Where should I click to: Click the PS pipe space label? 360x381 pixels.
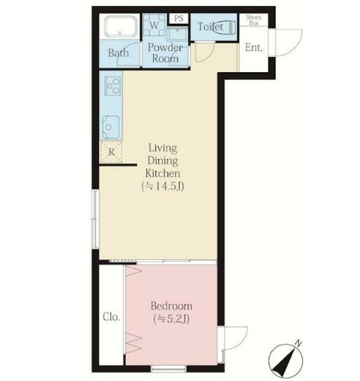click(x=179, y=19)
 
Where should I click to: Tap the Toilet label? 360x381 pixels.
click(x=210, y=27)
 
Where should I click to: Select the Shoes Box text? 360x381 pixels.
click(x=253, y=21)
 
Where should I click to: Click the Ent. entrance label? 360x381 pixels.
click(x=253, y=48)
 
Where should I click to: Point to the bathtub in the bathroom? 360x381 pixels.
click(x=121, y=27)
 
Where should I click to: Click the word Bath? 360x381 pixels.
click(x=118, y=53)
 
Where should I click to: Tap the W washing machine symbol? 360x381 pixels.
click(x=154, y=25)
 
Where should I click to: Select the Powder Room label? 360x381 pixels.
click(x=165, y=53)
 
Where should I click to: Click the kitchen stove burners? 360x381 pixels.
click(x=113, y=86)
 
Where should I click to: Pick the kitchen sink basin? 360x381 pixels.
click(x=110, y=127)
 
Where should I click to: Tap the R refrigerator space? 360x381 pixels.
click(x=111, y=152)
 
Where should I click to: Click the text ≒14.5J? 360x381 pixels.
click(x=163, y=186)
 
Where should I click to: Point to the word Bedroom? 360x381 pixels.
click(x=171, y=306)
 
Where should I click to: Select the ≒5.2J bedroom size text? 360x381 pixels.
click(x=171, y=319)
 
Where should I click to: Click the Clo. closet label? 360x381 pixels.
click(x=111, y=317)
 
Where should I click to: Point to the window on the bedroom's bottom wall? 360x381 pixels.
click(x=168, y=368)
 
